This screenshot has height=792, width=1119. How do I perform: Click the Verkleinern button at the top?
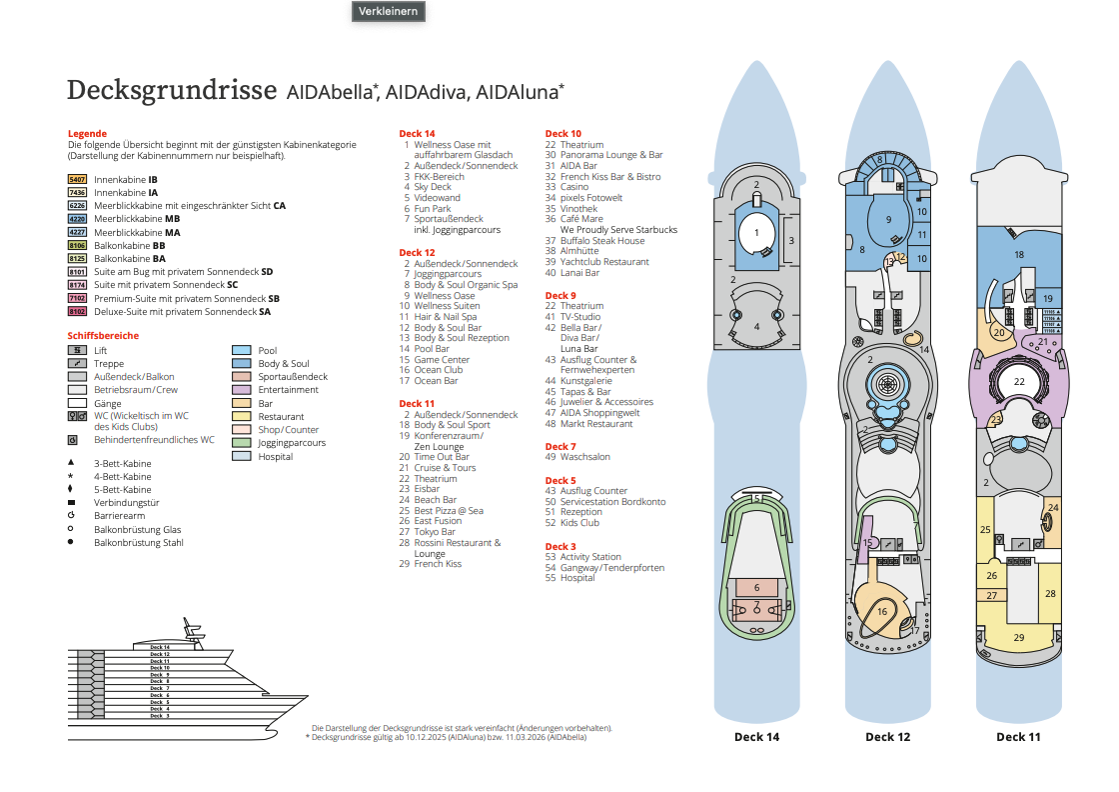[388, 11]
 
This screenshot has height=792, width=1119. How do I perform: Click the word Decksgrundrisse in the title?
[171, 91]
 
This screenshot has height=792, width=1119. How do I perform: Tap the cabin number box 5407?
[77, 179]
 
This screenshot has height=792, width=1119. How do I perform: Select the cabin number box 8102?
[77, 311]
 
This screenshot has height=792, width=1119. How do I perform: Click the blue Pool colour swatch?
[241, 351]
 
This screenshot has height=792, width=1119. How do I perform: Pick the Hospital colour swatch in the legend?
[241, 456]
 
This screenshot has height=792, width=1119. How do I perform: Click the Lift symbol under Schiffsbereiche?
[77, 351]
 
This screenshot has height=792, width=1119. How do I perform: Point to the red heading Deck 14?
[417, 134]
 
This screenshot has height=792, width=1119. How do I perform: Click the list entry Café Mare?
[581, 219]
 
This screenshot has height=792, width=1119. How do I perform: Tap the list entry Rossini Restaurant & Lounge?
[457, 548]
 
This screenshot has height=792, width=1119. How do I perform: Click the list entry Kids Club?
[579, 523]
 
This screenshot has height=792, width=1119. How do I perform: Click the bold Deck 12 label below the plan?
[887, 737]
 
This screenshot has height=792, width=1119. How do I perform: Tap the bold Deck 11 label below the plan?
[1018, 737]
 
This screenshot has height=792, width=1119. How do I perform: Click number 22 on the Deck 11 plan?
[1019, 381]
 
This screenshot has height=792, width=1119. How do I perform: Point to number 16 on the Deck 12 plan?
[882, 611]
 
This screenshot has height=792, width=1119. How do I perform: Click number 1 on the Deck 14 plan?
[756, 233]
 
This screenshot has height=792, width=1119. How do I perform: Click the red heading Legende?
[87, 134]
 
